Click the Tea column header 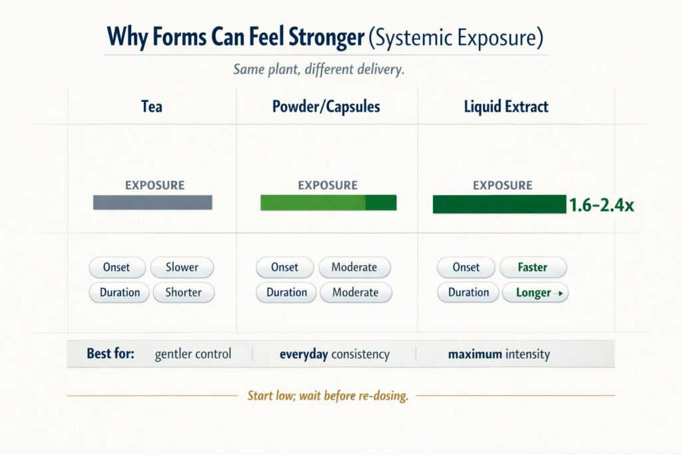pos(152,107)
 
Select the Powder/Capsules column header pos(326,107)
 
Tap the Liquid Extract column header pos(506,107)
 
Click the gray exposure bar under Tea pos(153,203)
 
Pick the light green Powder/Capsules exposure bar pos(328,203)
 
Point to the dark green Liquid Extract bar pos(500,204)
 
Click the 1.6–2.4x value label pos(601,205)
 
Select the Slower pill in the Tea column pos(182,267)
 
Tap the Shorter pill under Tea pos(184,292)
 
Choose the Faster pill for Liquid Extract pos(533,267)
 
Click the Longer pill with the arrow pos(535,292)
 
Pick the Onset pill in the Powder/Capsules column pos(284,267)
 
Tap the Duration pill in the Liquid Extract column pos(468,292)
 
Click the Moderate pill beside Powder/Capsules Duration pos(356,292)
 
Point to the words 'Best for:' pos(111,354)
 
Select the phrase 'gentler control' pos(193,354)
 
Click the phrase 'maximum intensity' pos(499,354)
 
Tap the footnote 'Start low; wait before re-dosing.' pos(328,396)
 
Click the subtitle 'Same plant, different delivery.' pos(319,69)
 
